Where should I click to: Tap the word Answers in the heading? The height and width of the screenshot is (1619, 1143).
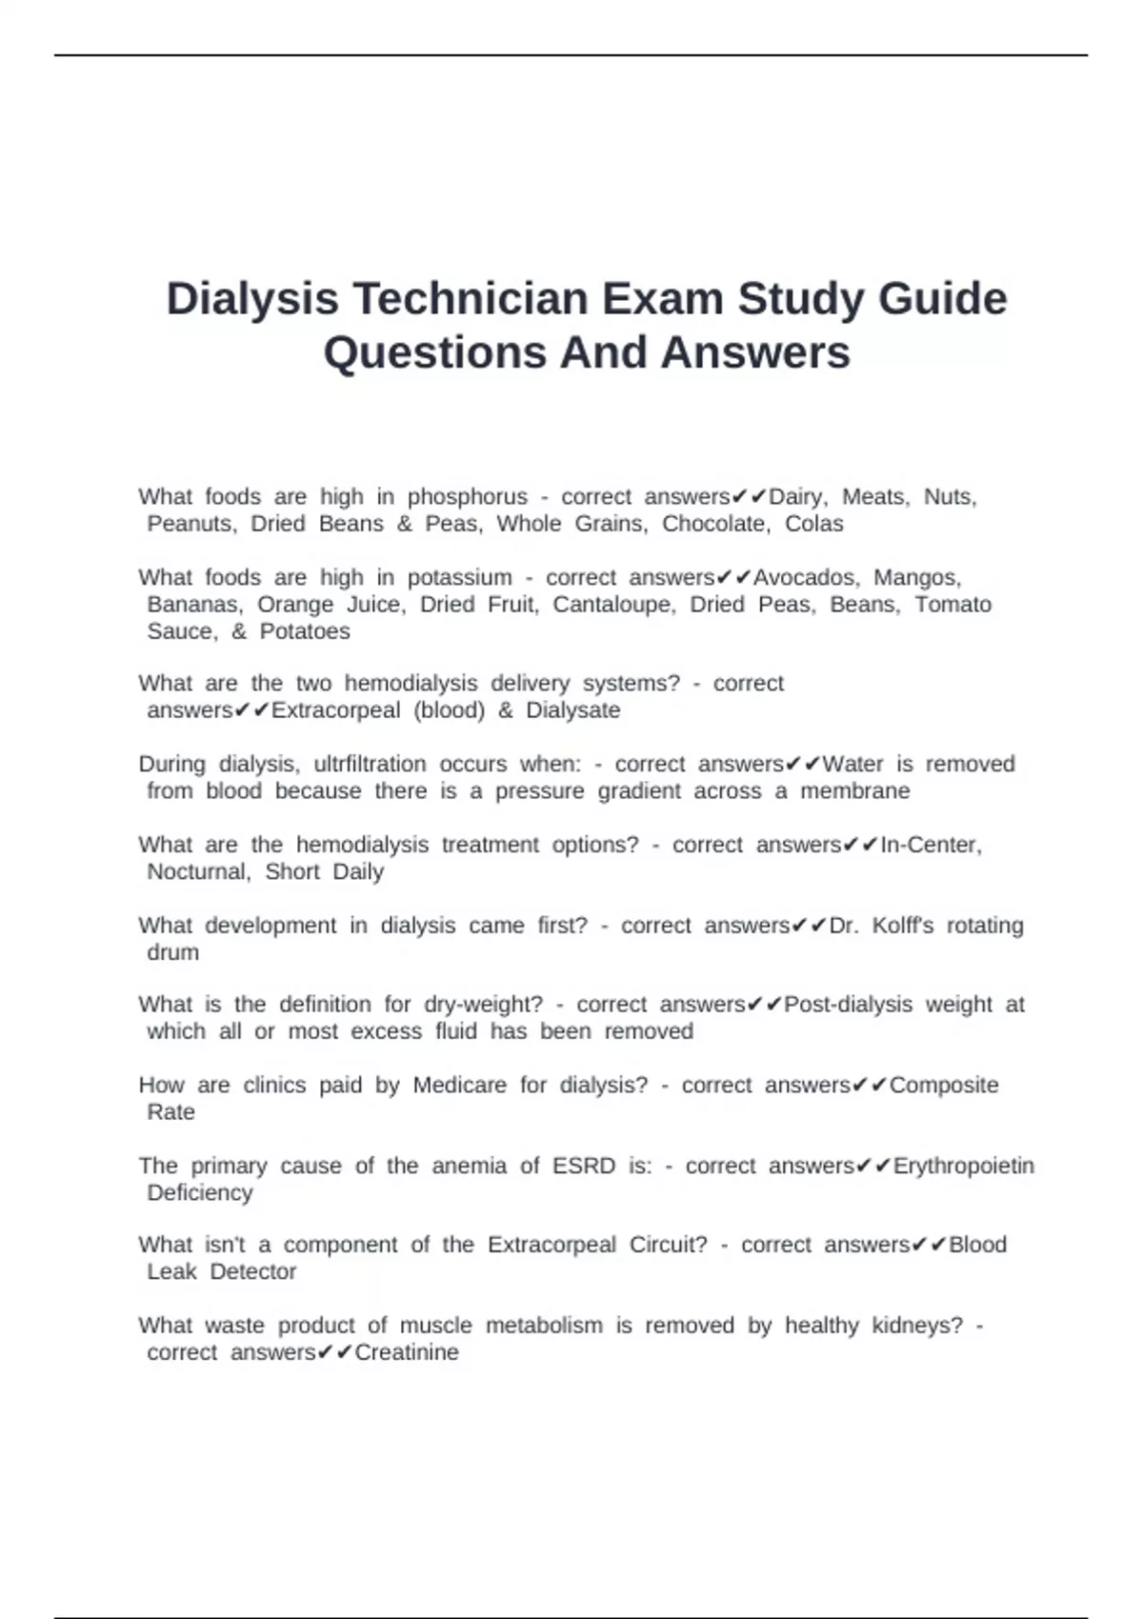(755, 352)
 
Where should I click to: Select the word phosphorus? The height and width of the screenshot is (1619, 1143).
(467, 497)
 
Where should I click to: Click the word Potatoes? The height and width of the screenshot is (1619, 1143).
(305, 631)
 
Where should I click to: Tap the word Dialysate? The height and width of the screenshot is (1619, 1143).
(573, 710)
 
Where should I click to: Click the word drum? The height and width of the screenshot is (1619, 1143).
(172, 952)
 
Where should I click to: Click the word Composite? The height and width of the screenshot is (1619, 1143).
(943, 1086)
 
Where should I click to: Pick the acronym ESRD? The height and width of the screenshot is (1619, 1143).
(584, 1167)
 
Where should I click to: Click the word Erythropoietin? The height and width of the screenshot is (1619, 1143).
(963, 1167)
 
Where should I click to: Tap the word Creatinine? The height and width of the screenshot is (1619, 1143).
(407, 1353)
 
